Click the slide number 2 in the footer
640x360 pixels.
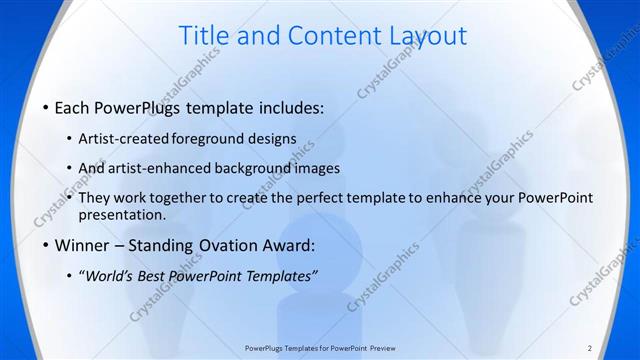(590, 347)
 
